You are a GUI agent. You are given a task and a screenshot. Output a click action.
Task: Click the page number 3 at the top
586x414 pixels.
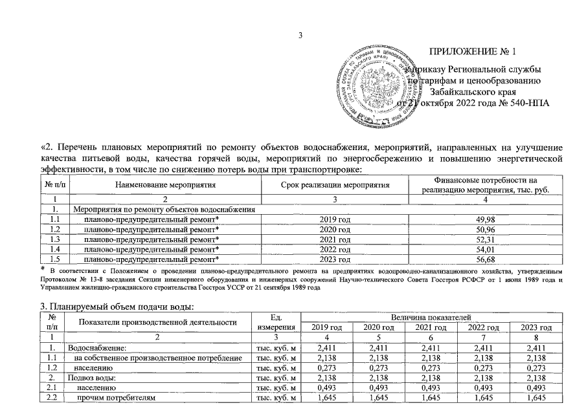click(x=300, y=35)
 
